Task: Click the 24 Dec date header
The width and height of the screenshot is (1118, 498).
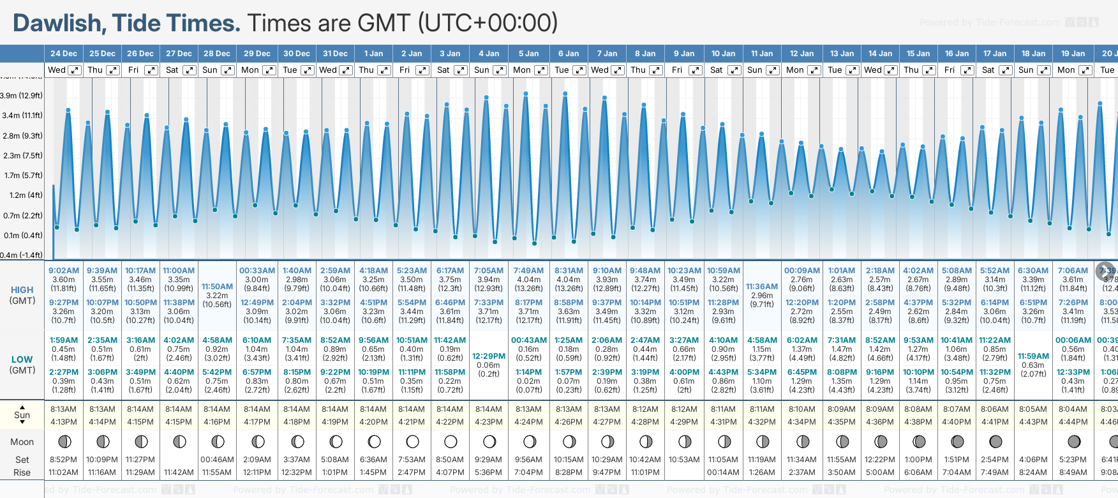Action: (x=64, y=54)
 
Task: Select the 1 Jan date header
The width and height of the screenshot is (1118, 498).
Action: (x=373, y=54)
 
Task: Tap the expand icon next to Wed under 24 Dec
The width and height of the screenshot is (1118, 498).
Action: (x=75, y=70)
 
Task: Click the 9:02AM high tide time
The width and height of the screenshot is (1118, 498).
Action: (x=64, y=271)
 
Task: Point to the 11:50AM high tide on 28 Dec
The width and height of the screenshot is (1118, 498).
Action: (x=217, y=287)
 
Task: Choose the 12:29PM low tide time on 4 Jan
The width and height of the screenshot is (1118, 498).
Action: (x=489, y=356)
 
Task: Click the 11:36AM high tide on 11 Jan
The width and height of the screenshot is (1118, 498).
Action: (x=762, y=287)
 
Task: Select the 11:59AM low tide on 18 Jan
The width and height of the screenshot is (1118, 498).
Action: (x=1033, y=356)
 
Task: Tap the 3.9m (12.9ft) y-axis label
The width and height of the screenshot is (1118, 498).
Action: (x=22, y=96)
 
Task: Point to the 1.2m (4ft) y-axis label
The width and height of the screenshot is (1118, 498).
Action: (x=22, y=195)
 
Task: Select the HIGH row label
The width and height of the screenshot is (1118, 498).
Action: (x=22, y=290)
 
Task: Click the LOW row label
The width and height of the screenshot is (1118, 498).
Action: (x=22, y=359)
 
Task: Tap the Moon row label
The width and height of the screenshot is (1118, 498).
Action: (x=22, y=442)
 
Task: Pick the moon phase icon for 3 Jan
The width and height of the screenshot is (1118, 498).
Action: (x=451, y=442)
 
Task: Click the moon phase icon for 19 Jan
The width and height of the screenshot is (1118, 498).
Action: (x=1074, y=442)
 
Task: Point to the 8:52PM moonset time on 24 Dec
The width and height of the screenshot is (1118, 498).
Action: (x=64, y=460)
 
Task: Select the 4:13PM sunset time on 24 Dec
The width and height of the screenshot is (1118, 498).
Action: (x=64, y=422)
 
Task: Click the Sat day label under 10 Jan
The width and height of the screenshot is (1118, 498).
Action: (x=717, y=70)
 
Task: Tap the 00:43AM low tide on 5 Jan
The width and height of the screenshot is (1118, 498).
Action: (x=528, y=340)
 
